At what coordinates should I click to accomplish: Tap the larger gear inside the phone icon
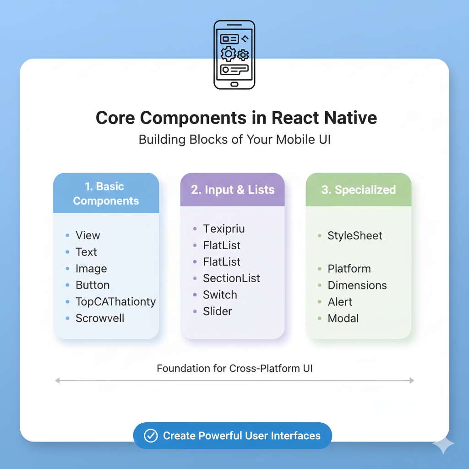(x=228, y=54)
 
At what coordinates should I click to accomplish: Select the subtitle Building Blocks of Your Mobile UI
(x=234, y=140)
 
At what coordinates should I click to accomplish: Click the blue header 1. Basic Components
(x=106, y=193)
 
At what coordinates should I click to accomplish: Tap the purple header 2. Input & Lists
(x=233, y=190)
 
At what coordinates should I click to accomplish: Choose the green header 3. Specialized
(x=358, y=190)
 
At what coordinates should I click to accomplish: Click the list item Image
(x=91, y=269)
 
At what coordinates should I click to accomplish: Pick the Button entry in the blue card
(x=93, y=285)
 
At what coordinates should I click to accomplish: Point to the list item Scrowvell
(x=100, y=318)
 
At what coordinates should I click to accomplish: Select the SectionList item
(x=231, y=278)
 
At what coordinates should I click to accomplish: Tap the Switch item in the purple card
(x=220, y=295)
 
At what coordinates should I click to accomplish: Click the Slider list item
(x=218, y=311)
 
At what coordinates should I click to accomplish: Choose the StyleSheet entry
(x=354, y=236)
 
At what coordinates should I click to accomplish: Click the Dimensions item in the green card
(x=357, y=285)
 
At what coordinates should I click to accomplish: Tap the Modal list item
(x=343, y=318)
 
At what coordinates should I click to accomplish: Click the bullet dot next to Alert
(x=320, y=302)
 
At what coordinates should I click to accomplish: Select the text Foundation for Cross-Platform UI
(x=234, y=368)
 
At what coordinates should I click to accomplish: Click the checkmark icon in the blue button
(x=151, y=436)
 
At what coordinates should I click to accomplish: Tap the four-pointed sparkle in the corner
(x=443, y=445)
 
